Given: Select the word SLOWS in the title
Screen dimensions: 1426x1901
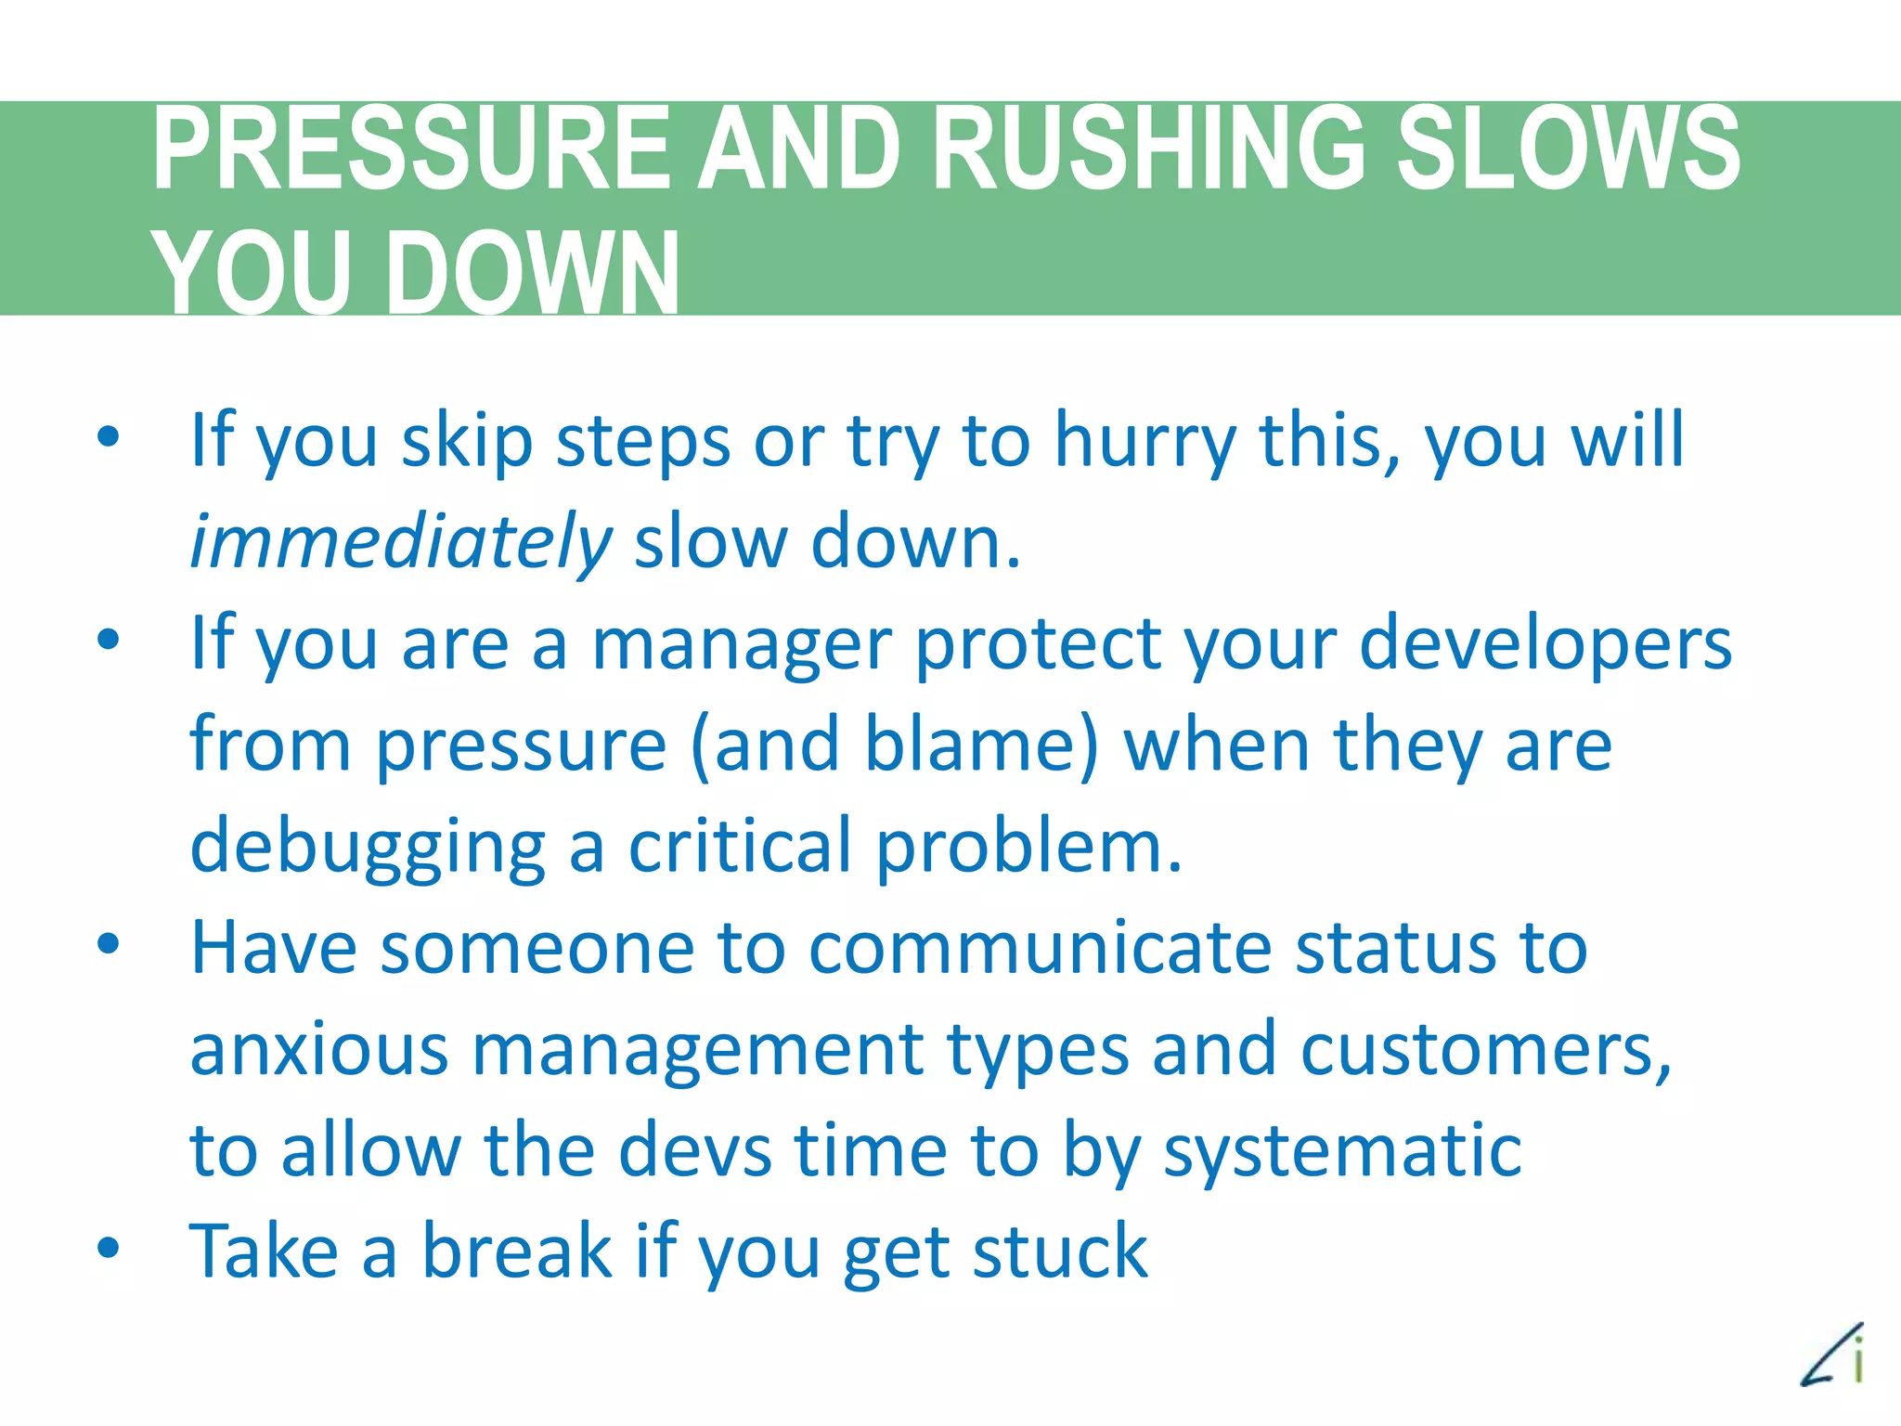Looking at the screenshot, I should [x=1569, y=149].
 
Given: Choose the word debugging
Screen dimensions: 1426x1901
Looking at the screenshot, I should [x=368, y=847].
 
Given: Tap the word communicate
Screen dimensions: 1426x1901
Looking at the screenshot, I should [x=1041, y=949].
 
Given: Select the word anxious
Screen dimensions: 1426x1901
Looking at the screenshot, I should [x=319, y=1050].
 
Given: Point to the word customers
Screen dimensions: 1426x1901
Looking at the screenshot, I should [x=1485, y=1050].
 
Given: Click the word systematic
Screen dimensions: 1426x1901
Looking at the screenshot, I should [x=1342, y=1152].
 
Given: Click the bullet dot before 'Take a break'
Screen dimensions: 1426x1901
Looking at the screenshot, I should [x=109, y=1247].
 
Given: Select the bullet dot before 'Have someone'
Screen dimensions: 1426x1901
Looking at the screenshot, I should [x=109, y=943].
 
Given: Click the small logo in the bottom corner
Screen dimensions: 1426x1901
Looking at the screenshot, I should [x=1834, y=1355].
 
